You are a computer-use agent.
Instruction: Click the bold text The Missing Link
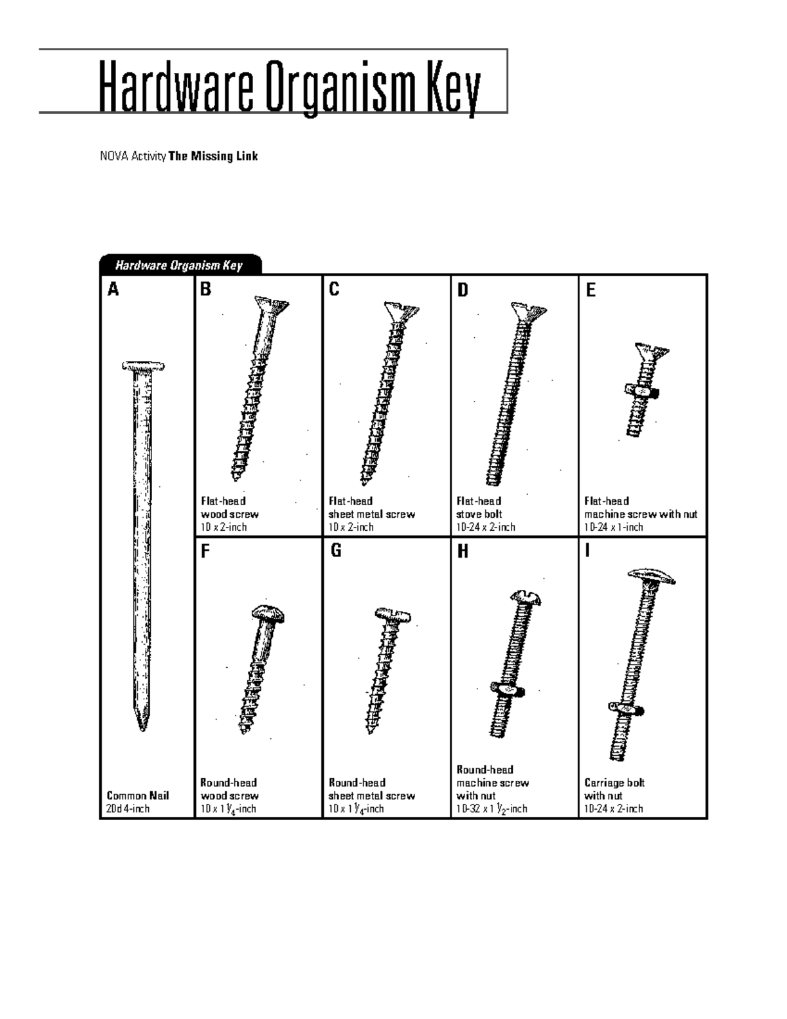click(213, 156)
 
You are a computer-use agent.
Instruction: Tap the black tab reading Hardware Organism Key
click(179, 265)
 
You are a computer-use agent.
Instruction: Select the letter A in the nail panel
click(113, 289)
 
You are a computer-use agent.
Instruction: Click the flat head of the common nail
click(143, 366)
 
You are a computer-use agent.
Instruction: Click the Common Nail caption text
click(138, 795)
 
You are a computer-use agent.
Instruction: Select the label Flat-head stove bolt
click(479, 507)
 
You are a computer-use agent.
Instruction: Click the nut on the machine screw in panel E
click(641, 392)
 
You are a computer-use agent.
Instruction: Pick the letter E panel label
click(590, 289)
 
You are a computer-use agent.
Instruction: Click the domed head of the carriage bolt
click(651, 575)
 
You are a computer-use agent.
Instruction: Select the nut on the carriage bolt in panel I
click(625, 709)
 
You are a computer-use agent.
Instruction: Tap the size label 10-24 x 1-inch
click(614, 527)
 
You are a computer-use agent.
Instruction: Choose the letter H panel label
click(463, 552)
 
